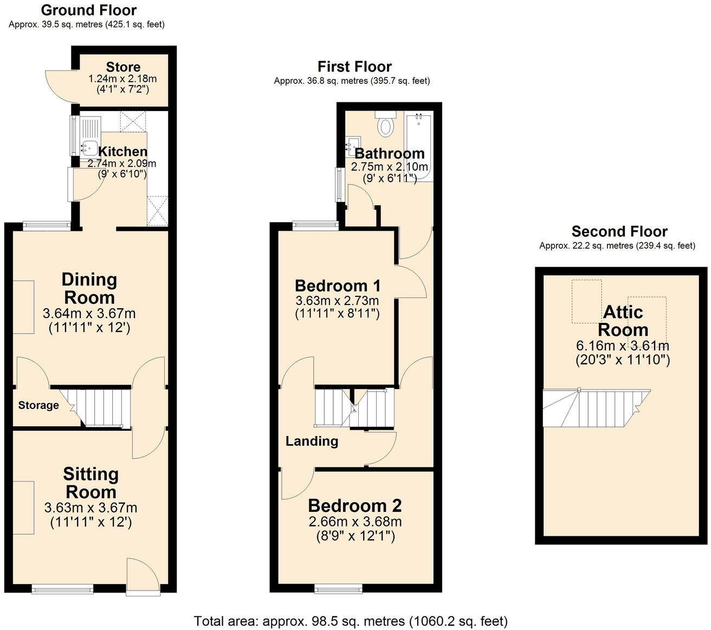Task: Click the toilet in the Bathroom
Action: [x=386, y=125]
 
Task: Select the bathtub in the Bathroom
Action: [x=418, y=145]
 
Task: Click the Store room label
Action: [x=123, y=67]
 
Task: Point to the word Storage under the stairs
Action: [x=38, y=405]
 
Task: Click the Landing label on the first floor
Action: [x=312, y=441]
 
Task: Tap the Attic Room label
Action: [x=623, y=321]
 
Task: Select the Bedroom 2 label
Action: [x=354, y=505]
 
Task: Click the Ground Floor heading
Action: [x=89, y=10]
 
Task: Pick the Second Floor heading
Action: [x=619, y=232]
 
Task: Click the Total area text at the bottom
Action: [x=351, y=621]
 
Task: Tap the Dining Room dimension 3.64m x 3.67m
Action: [x=89, y=313]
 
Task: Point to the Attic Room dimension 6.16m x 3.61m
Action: [x=623, y=346]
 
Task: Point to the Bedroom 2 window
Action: [x=338, y=588]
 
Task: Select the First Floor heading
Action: [x=354, y=67]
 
